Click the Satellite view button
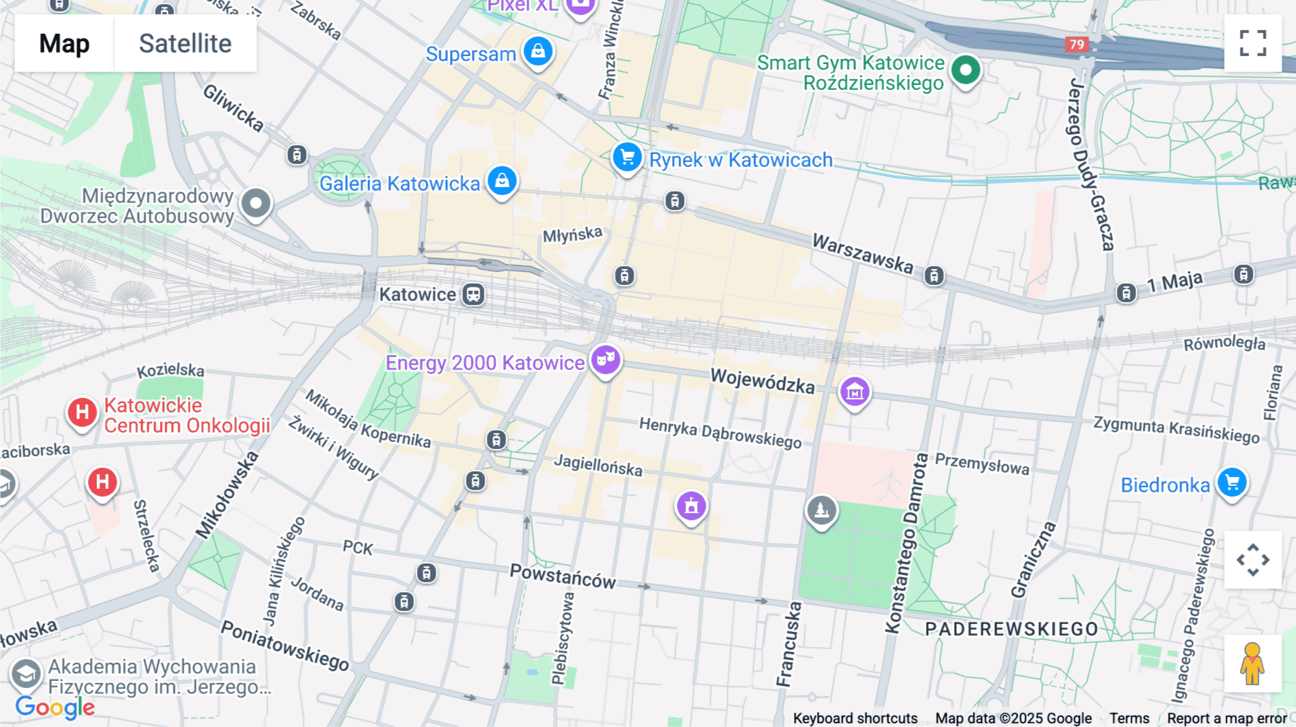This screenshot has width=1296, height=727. (x=185, y=43)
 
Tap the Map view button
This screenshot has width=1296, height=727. (x=64, y=43)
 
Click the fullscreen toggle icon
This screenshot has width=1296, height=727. (x=1253, y=43)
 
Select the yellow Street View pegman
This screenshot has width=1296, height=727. (x=1253, y=664)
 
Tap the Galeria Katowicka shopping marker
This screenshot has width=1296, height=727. (x=502, y=180)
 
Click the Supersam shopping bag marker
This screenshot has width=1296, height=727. (x=538, y=51)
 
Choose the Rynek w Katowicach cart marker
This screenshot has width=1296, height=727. (x=627, y=156)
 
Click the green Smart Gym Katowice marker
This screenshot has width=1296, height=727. (x=966, y=71)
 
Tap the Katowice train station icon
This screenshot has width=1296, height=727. (x=473, y=294)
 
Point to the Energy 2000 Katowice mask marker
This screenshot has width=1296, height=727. (x=606, y=358)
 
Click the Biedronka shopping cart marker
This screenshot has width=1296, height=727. (x=1232, y=482)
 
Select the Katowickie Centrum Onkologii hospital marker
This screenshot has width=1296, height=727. (x=82, y=412)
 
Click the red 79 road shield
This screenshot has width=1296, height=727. (x=1076, y=45)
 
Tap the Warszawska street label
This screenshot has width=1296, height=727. (x=863, y=253)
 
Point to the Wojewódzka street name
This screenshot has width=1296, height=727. (x=762, y=380)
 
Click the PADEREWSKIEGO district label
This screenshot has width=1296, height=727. (x=1012, y=629)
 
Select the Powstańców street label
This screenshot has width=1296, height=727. (x=563, y=577)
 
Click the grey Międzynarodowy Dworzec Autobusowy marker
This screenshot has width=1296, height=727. (x=256, y=204)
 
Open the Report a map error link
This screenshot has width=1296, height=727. (x=1227, y=718)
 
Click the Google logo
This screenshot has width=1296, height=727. (x=55, y=707)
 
